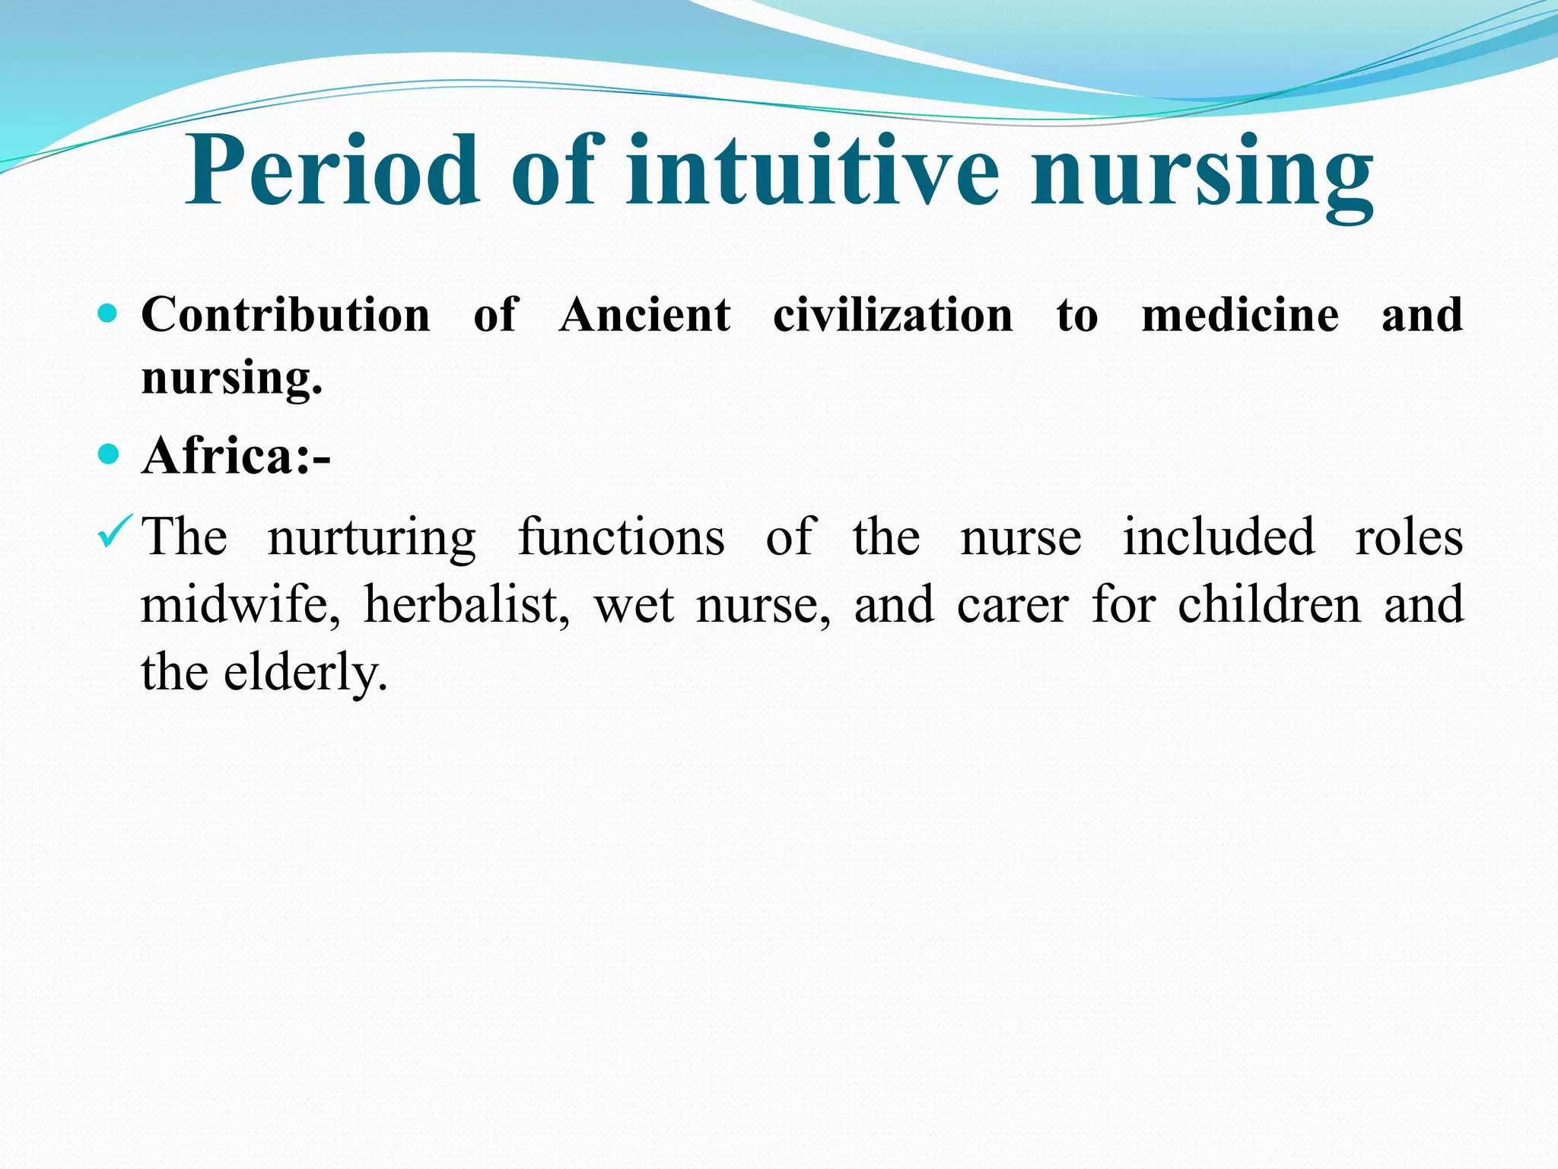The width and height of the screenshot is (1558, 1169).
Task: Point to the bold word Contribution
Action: tap(286, 314)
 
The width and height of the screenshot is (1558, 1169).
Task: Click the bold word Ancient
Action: tap(645, 314)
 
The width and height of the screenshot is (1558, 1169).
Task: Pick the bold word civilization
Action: tap(893, 314)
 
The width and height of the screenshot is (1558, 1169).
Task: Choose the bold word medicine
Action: tap(1240, 314)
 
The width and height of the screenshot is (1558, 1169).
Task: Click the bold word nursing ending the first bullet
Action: tap(231, 377)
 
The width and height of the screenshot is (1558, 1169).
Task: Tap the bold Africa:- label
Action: tap(236, 456)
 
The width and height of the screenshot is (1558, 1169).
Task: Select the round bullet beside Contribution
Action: tap(109, 313)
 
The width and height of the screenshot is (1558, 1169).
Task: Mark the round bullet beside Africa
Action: tap(109, 454)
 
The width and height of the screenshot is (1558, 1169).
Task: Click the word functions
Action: tap(622, 537)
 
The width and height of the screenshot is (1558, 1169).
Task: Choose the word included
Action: tap(1219, 537)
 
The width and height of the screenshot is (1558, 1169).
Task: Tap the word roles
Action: tap(1409, 537)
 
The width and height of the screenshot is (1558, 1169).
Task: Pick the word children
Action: tap(1269, 605)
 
